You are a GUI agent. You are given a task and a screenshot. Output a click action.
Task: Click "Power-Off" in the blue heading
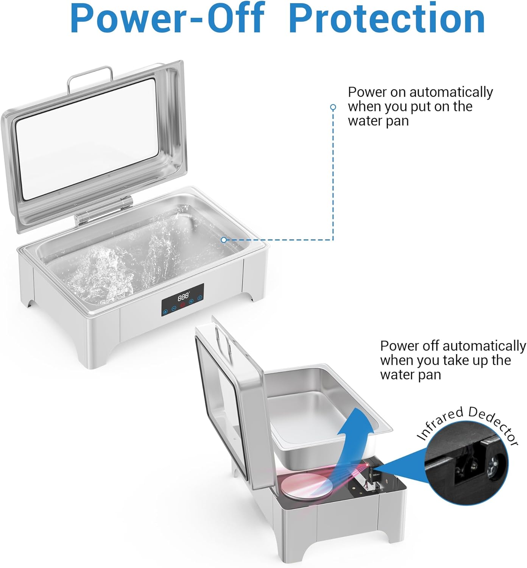(167, 18)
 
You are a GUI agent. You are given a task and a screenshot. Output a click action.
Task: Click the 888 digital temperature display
(183, 296)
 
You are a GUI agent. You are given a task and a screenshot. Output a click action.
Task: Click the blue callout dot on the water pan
(224, 240)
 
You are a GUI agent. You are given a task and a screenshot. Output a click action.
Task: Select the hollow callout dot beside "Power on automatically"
(333, 107)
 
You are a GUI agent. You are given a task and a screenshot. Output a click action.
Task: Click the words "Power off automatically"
(453, 346)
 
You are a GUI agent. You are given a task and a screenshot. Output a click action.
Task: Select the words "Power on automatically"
(420, 92)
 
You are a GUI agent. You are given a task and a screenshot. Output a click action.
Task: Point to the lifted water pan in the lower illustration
(326, 418)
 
